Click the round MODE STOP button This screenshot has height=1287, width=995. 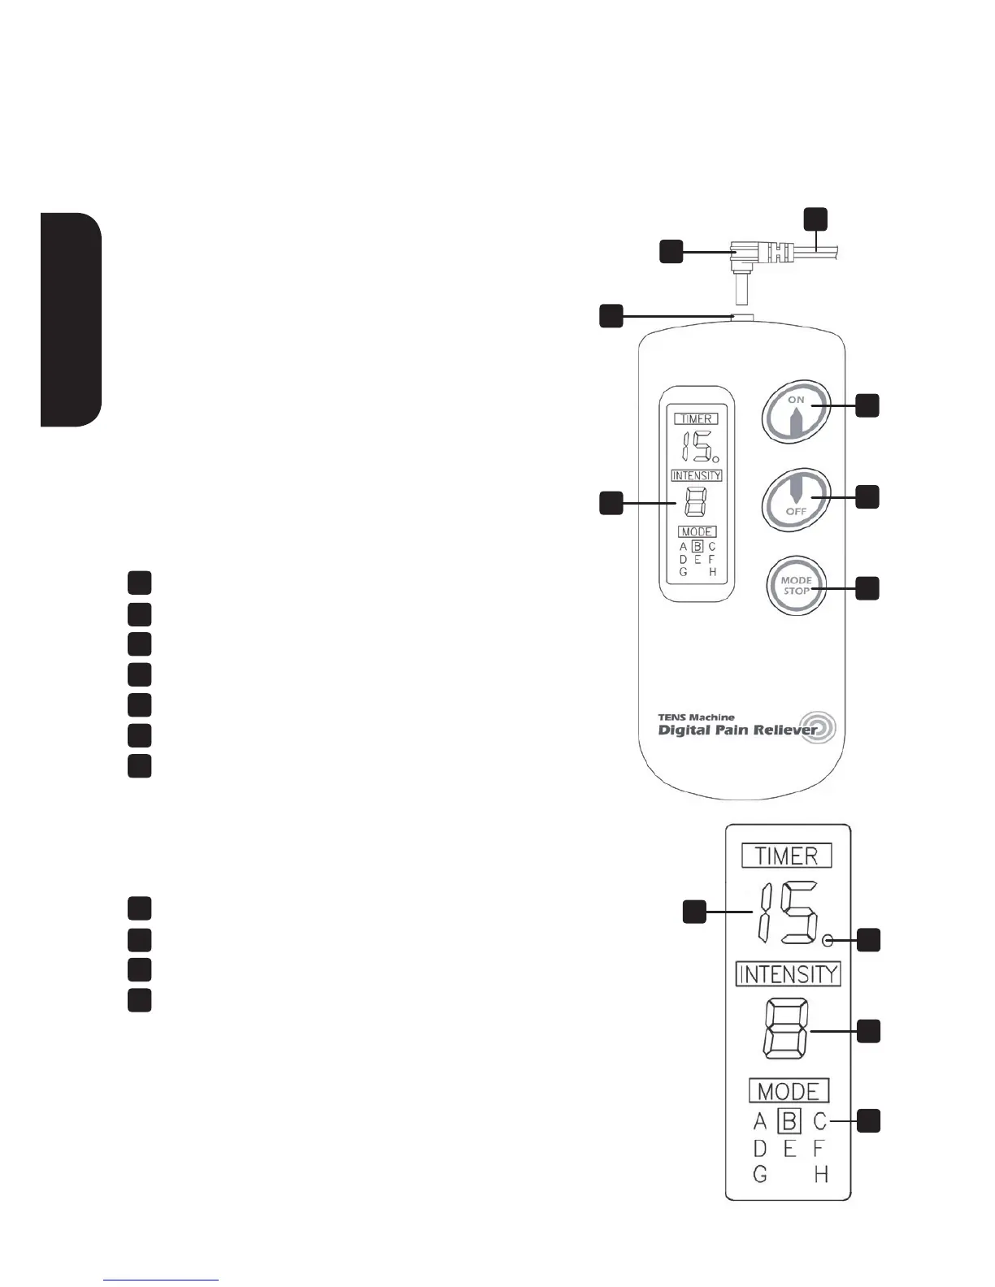(796, 586)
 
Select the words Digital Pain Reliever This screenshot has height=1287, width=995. (736, 730)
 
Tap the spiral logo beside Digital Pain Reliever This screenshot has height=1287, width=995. (818, 727)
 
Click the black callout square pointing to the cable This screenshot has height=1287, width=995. (816, 219)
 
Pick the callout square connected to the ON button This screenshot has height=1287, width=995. (867, 405)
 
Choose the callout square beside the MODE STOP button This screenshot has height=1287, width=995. (867, 588)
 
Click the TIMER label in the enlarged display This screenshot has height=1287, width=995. (787, 856)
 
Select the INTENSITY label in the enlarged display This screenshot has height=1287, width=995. (788, 973)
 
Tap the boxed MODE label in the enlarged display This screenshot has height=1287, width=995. (789, 1090)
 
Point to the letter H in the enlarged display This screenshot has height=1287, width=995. (821, 1174)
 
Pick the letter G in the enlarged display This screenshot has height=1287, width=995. (760, 1174)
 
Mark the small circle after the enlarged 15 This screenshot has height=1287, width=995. (828, 941)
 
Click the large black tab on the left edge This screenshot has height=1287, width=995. (71, 318)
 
